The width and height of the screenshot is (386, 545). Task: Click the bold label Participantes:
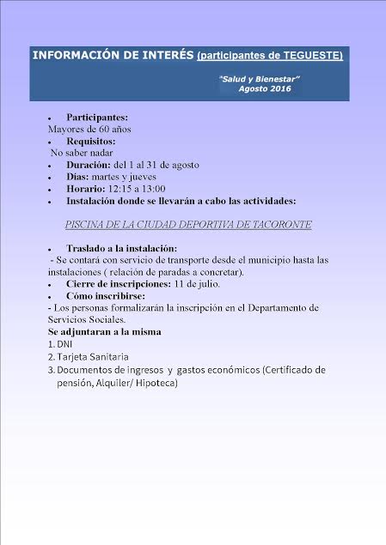(x=96, y=117)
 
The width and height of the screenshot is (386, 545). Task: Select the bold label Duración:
(x=87, y=165)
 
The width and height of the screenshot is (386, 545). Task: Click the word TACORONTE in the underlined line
(x=279, y=224)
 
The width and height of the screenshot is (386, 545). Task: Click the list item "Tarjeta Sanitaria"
(x=92, y=357)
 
